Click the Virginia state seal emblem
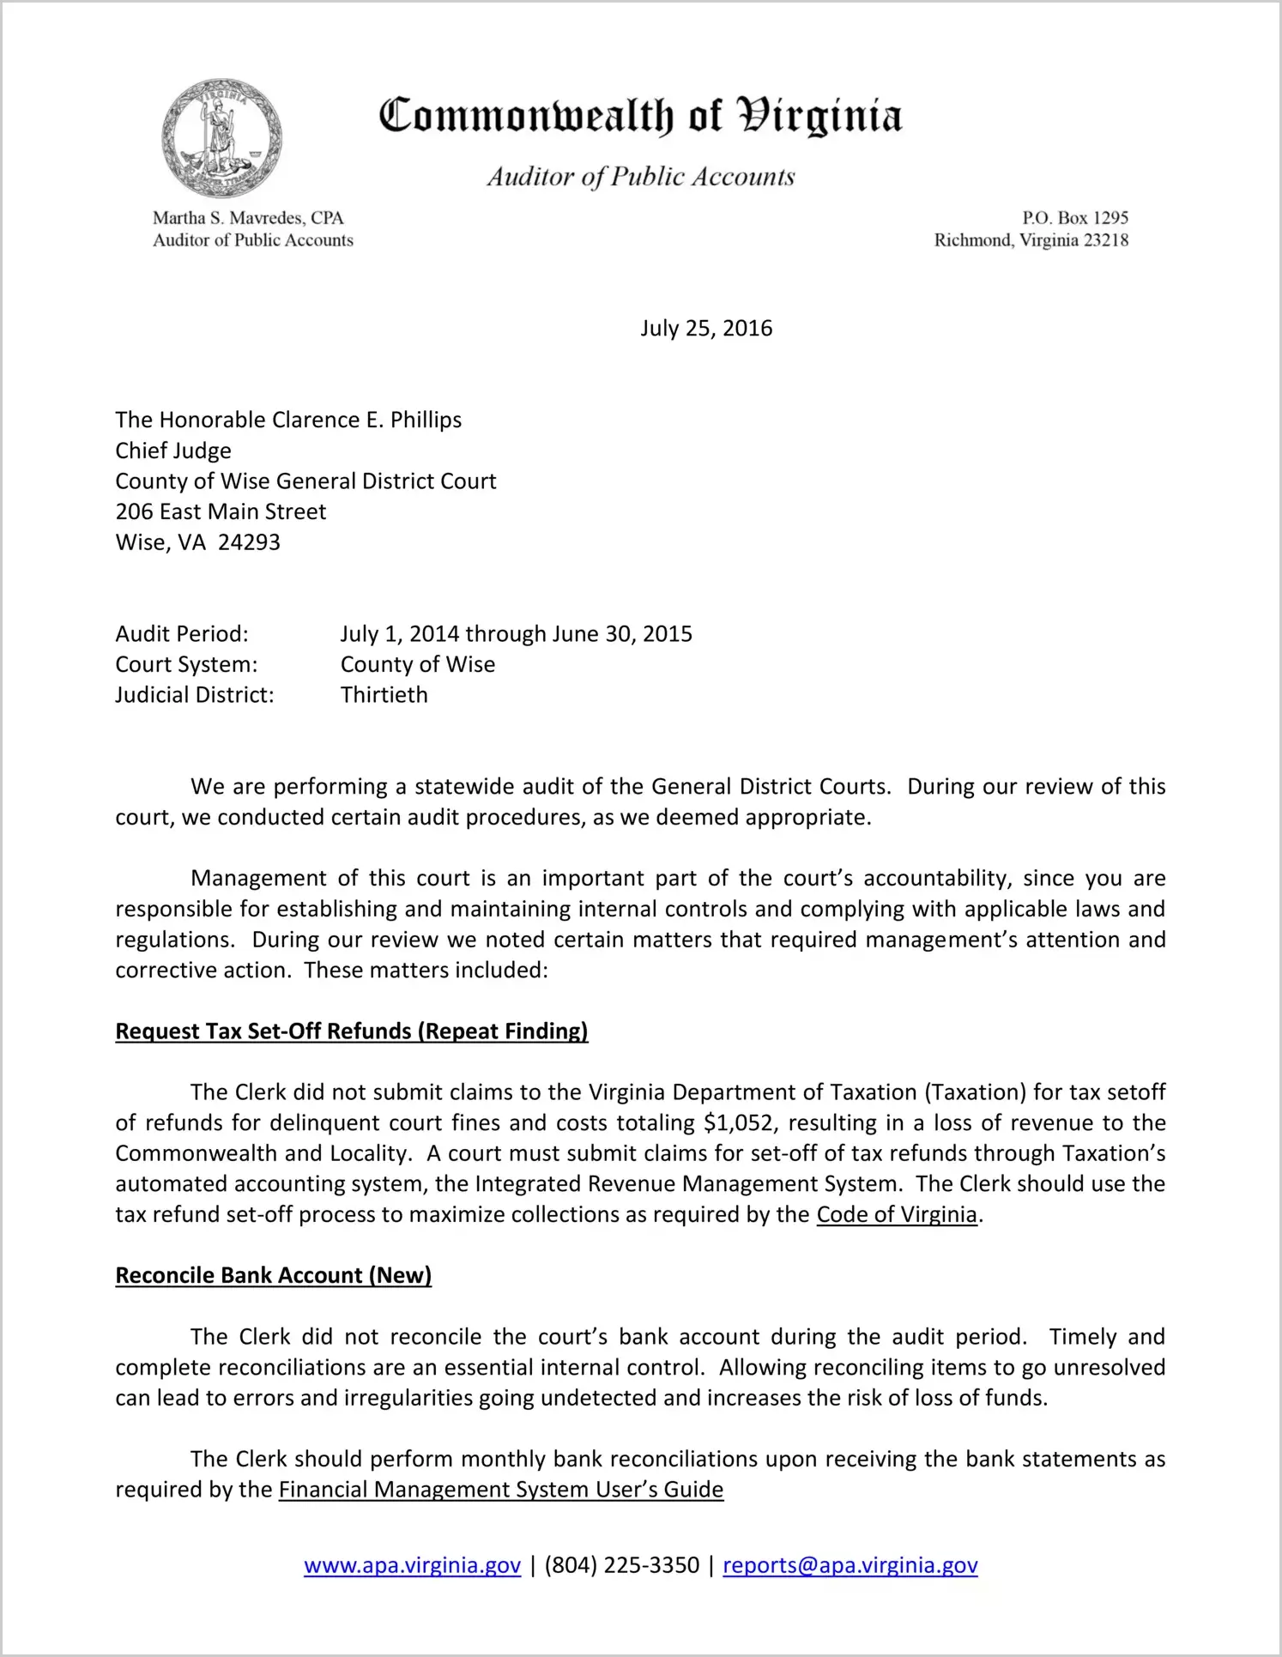pyautogui.click(x=221, y=138)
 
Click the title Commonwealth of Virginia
pyautogui.click(x=640, y=116)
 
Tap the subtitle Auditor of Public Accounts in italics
pyautogui.click(x=641, y=177)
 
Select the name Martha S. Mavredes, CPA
pyautogui.click(x=248, y=218)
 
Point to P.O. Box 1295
pyautogui.click(x=1074, y=218)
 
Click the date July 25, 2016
pyautogui.click(x=706, y=329)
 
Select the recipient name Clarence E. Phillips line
pyautogui.click(x=288, y=420)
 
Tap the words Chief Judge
pyautogui.click(x=173, y=451)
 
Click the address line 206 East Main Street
pyautogui.click(x=221, y=511)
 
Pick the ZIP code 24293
pyautogui.click(x=249, y=542)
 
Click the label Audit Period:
pyautogui.click(x=182, y=634)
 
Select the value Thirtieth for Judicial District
pyautogui.click(x=384, y=695)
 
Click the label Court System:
pyautogui.click(x=186, y=664)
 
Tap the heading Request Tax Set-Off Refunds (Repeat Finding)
pyautogui.click(x=352, y=1031)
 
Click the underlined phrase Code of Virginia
pyautogui.click(x=897, y=1214)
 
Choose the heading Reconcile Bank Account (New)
pyautogui.click(x=274, y=1275)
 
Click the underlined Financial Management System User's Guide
pyautogui.click(x=501, y=1490)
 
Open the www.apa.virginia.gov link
pyautogui.click(x=413, y=1565)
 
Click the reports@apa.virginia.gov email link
pyautogui.click(x=850, y=1565)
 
